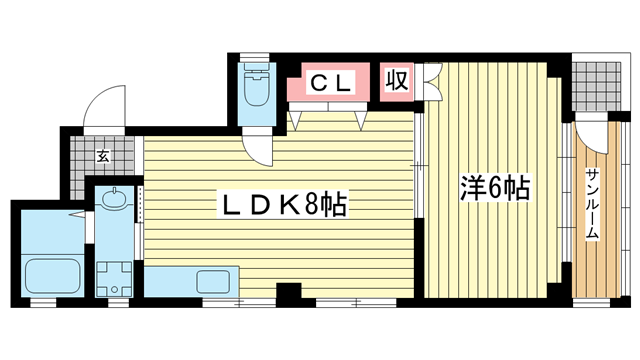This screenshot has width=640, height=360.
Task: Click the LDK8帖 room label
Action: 283,204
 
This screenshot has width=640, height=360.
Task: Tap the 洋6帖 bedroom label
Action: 495,188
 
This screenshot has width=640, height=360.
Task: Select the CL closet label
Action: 331,83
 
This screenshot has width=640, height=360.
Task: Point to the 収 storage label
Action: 397,80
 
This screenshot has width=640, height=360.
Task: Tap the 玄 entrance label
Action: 103,156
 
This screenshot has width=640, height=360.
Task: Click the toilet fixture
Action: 257,84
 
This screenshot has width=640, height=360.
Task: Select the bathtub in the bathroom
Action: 53,276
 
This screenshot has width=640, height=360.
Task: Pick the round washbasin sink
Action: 115,199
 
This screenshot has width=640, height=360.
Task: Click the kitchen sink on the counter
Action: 214,282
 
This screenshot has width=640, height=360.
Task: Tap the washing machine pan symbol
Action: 114,280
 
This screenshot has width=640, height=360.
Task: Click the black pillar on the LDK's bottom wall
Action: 289,295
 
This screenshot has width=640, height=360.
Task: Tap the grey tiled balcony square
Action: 596,87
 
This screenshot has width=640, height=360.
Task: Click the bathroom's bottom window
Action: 43,302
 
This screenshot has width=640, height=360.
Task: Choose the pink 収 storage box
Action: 397,82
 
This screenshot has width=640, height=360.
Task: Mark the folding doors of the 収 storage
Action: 433,82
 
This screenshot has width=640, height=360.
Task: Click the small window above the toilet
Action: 254,57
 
